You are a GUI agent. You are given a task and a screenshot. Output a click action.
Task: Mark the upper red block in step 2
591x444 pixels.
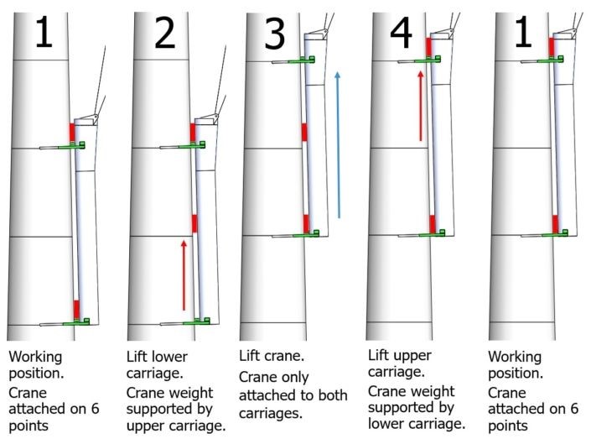193,133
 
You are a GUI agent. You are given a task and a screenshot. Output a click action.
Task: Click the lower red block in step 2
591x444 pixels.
194,222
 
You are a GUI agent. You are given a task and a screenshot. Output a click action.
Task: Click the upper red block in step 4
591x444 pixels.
429,47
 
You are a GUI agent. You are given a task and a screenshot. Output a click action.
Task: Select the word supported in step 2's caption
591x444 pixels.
160,409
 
